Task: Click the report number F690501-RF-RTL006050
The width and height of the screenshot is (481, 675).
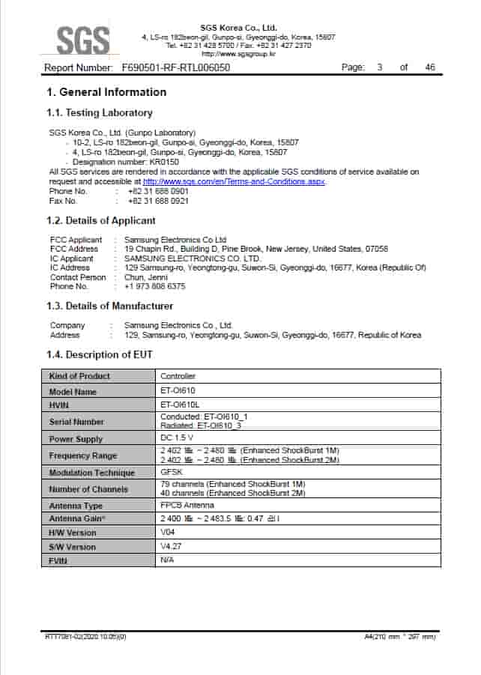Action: [x=175, y=67]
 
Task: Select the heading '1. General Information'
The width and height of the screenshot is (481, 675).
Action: [x=106, y=92]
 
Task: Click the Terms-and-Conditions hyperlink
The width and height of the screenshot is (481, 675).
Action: [x=234, y=181]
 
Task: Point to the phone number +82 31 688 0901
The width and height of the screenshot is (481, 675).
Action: [x=158, y=191]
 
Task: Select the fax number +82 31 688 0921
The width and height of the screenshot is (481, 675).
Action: [x=158, y=201]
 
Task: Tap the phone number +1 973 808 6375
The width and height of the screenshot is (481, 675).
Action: [x=155, y=286]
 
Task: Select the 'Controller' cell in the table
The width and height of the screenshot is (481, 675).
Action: [x=178, y=376]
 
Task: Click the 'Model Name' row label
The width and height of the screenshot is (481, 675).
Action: [x=73, y=392]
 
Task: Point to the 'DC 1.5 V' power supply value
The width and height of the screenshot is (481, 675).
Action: [x=177, y=438]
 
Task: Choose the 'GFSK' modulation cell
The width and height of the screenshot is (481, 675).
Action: [x=172, y=473]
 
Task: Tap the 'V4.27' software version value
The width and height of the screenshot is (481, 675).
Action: [x=171, y=547]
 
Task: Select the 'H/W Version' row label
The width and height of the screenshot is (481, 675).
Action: [x=73, y=533]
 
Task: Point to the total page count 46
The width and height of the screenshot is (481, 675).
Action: [x=429, y=67]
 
